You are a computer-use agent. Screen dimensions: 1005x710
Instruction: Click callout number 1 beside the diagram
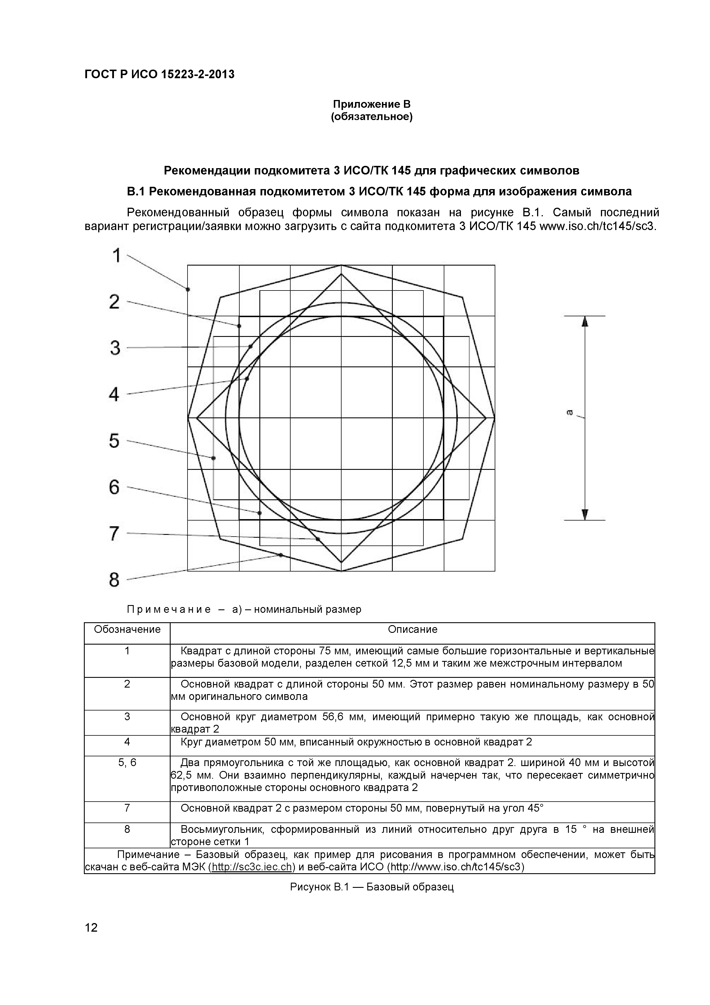click(x=116, y=256)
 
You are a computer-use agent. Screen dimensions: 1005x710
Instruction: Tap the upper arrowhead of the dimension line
click(x=585, y=322)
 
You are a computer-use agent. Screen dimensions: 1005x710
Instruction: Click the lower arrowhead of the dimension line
click(x=585, y=514)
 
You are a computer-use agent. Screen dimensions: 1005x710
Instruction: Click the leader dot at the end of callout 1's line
click(x=188, y=289)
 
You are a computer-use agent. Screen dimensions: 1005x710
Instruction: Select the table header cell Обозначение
click(x=127, y=629)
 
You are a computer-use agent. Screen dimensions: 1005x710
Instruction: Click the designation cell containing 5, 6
click(x=127, y=763)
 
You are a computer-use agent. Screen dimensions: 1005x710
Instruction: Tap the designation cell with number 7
click(x=127, y=808)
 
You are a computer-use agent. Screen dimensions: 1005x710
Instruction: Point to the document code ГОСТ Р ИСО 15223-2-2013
click(x=159, y=74)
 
